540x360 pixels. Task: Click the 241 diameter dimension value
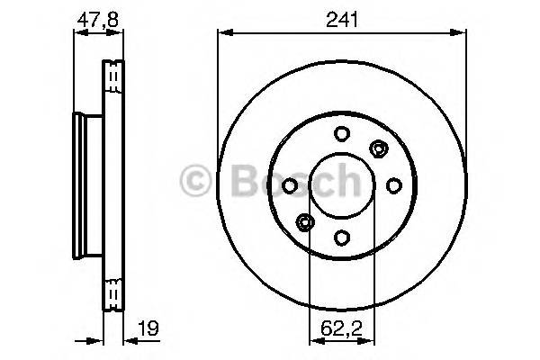point(342,19)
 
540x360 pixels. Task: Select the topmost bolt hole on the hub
point(341,134)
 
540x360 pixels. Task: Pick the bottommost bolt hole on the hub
point(341,238)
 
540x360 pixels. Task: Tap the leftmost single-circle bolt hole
point(290,185)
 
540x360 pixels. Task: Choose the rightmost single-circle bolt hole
point(393,185)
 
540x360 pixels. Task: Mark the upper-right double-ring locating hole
point(378,148)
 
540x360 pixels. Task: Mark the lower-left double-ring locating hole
point(305,222)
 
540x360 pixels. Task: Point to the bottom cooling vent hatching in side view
point(113,293)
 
